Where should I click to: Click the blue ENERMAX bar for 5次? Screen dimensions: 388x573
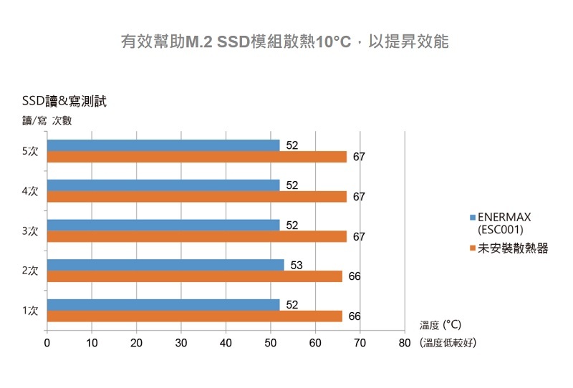point(163,145)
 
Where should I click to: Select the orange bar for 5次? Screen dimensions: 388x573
point(197,157)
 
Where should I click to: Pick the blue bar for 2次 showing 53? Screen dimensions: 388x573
point(165,265)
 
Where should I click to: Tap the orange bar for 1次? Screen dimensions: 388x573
point(195,316)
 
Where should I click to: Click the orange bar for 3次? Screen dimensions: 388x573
point(197,236)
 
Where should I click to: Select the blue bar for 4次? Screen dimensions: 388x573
point(163,185)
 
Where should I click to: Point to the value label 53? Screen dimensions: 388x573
point(297,266)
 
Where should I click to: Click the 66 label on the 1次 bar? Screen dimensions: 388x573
point(355,316)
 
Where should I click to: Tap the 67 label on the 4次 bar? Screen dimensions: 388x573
point(359,197)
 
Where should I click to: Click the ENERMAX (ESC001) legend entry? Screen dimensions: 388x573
point(505,223)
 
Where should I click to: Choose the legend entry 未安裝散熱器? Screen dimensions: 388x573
point(512,248)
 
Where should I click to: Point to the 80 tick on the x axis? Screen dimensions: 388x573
point(405,343)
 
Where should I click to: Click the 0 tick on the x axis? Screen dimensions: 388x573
point(47,343)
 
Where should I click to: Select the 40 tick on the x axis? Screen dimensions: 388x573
point(226,343)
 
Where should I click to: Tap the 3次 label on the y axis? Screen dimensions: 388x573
point(30,231)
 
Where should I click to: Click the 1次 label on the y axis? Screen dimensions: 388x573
point(30,311)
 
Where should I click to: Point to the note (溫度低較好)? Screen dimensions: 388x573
point(449,343)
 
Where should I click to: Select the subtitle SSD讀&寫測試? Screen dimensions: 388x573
point(64,101)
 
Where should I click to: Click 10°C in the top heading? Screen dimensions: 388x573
point(332,42)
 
